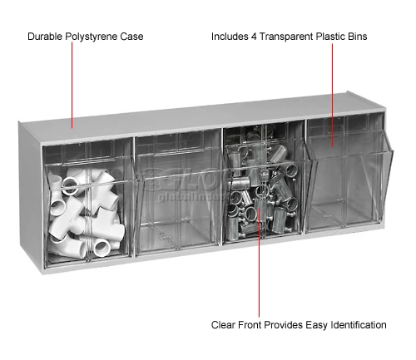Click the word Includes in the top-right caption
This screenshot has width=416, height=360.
[230, 37]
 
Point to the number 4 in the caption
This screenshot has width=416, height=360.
[256, 37]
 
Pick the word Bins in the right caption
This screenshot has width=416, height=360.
[355, 37]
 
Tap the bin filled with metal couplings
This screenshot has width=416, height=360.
[263, 208]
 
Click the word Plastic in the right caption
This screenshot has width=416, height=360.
[329, 37]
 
